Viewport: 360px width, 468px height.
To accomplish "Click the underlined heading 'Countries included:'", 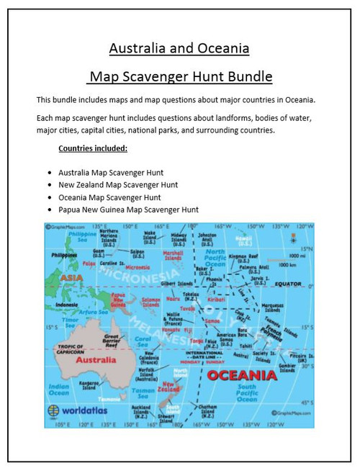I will [x=92, y=148].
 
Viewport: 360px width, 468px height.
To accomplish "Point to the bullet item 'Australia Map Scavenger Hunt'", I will [x=112, y=172].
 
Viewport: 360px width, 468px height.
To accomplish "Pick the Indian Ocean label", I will [x=58, y=390].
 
